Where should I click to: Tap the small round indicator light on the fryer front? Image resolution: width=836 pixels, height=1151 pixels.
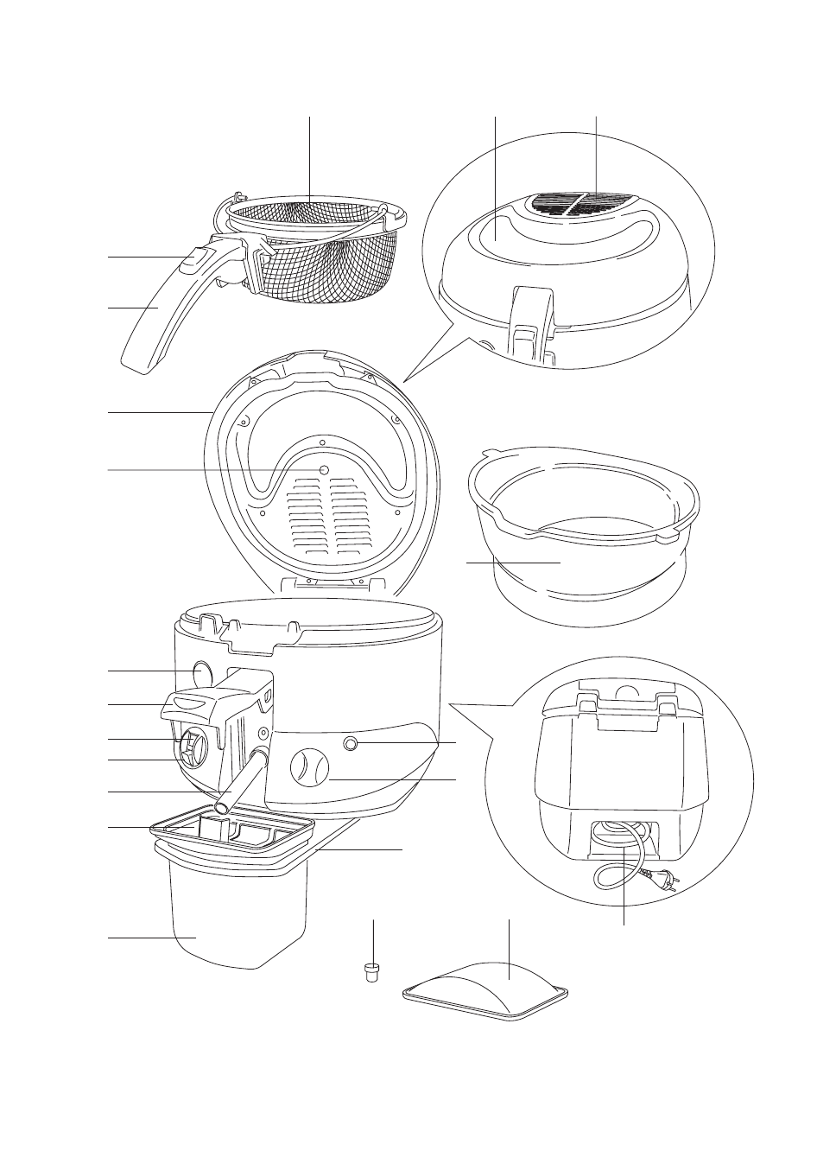(351, 743)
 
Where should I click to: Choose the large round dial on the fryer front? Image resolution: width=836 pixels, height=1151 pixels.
(309, 766)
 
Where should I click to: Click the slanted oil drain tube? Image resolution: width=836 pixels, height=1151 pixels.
(242, 782)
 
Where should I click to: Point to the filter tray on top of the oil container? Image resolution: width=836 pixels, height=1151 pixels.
(233, 831)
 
